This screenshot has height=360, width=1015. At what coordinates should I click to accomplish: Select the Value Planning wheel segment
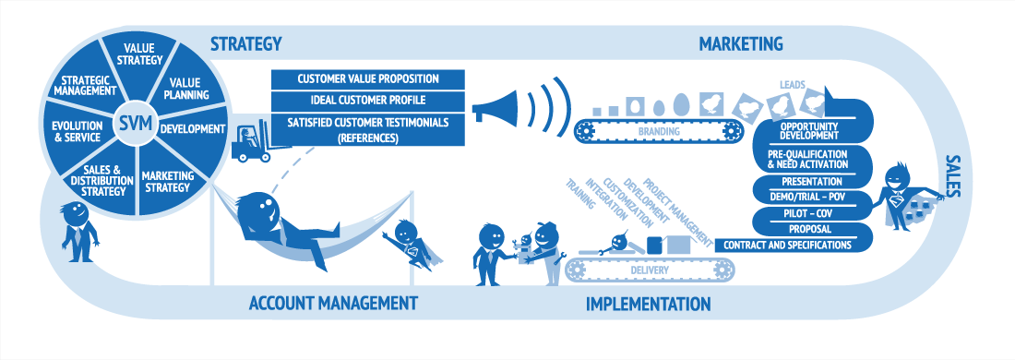pos(187,88)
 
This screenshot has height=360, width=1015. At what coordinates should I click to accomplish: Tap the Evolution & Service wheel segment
pos(77,131)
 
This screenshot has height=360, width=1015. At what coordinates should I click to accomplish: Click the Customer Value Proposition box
pos(367,79)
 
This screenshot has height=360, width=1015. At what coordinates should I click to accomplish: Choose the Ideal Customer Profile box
pos(367,101)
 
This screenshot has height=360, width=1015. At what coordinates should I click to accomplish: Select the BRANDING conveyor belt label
pos(658,131)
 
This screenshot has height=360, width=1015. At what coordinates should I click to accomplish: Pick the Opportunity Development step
pos(808,130)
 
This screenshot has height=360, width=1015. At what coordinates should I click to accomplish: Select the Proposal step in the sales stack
pos(810,229)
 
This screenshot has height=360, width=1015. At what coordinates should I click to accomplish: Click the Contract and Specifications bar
pos(786,245)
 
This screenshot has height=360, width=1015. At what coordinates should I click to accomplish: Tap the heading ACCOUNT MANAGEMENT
pos(332,303)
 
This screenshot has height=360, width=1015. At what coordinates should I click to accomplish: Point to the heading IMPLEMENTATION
pos(648,303)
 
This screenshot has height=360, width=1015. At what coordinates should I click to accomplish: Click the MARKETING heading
pos(741,44)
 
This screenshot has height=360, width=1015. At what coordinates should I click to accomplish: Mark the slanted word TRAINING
pos(580,194)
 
